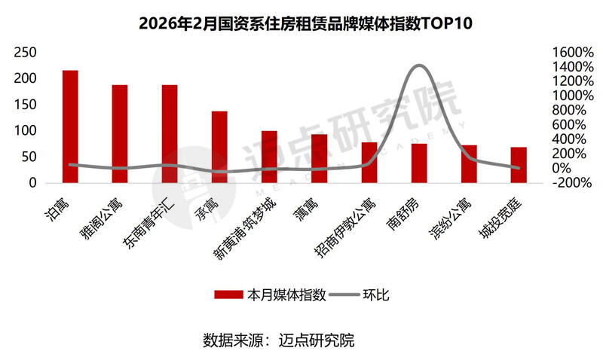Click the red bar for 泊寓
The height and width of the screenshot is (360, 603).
click(70, 127)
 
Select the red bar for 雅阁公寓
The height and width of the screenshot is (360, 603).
click(120, 134)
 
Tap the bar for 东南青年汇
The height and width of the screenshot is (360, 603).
click(170, 134)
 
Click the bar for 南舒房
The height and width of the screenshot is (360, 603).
click(419, 163)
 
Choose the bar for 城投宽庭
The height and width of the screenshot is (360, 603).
click(519, 165)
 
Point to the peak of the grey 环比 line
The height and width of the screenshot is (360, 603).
click(419, 66)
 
